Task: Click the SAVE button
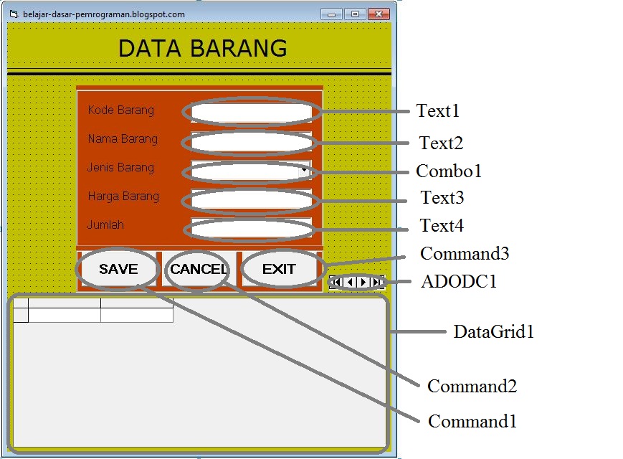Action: click(118, 270)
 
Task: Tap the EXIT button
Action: click(279, 270)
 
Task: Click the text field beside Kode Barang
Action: click(251, 112)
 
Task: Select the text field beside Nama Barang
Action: click(251, 141)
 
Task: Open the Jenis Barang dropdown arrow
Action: click(305, 171)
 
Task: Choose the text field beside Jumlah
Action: click(251, 227)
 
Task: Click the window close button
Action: click(379, 14)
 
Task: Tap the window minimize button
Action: click(331, 14)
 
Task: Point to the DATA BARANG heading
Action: click(202, 48)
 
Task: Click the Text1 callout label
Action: click(437, 111)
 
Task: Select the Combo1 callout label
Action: click(449, 171)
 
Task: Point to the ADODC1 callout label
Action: click(459, 282)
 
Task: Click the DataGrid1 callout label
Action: click(493, 332)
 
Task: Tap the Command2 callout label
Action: click(472, 387)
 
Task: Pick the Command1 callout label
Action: click(472, 421)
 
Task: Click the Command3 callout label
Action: click(465, 254)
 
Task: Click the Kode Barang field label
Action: click(120, 110)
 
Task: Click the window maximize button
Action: click(355, 14)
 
